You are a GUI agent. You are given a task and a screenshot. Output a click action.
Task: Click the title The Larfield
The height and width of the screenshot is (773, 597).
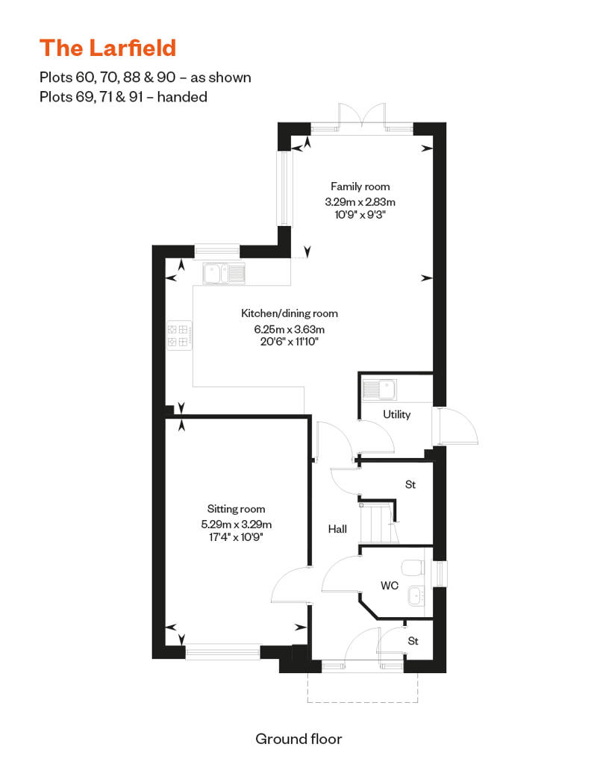tap(107, 48)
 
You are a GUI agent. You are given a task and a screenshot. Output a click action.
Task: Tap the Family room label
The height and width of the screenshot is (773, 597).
tap(360, 187)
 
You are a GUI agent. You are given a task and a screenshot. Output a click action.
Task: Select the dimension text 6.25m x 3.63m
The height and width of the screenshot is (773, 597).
tap(290, 329)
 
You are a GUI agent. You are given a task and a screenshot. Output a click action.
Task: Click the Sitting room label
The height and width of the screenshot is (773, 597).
tap(236, 509)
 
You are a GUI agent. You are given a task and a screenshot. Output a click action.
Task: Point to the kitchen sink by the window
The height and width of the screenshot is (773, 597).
tap(225, 274)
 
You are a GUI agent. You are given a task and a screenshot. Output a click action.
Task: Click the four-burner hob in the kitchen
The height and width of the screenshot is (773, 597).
tap(179, 335)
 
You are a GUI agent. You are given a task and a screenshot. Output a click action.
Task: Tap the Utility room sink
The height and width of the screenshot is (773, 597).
tap(379, 389)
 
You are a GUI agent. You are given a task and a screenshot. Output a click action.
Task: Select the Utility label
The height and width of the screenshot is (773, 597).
tap(397, 415)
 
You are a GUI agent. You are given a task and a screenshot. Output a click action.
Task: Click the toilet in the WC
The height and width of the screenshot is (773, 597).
tap(413, 567)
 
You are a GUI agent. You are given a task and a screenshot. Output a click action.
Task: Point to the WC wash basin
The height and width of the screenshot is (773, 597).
tap(416, 596)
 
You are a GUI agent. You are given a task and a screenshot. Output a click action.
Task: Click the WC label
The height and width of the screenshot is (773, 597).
tap(390, 586)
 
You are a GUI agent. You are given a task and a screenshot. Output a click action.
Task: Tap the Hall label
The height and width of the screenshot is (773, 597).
tap(338, 529)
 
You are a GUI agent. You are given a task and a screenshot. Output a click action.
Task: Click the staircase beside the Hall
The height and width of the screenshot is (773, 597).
tap(378, 524)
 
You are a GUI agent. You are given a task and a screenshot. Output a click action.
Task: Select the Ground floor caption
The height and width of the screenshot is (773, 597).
tap(298, 739)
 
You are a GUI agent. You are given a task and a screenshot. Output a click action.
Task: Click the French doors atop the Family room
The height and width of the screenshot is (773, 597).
tap(362, 117)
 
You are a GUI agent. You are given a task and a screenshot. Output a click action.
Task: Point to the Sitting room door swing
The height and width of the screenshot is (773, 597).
tap(291, 585)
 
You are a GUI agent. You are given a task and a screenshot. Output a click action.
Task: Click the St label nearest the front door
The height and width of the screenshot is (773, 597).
tap(413, 641)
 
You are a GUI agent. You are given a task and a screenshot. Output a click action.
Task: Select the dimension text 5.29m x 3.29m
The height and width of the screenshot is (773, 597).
tap(236, 525)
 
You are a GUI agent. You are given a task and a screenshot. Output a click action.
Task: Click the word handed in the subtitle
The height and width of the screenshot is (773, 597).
tap(182, 97)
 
